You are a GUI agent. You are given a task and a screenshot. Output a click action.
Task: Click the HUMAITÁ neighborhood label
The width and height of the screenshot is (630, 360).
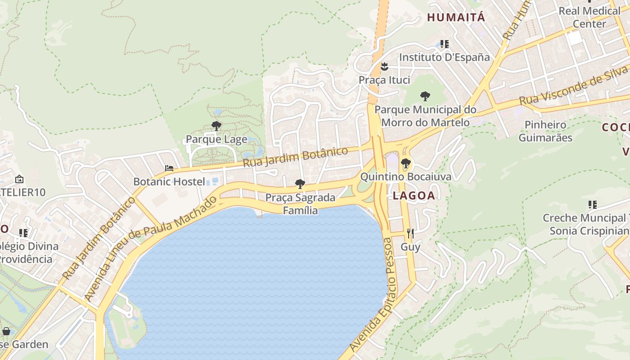pos(456,18)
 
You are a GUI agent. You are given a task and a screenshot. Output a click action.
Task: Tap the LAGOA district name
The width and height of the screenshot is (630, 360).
pos(414,195)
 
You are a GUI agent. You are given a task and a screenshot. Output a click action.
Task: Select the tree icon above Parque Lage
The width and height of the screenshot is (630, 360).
pos(216,126)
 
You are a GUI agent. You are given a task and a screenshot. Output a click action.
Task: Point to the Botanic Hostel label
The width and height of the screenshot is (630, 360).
pos(169,182)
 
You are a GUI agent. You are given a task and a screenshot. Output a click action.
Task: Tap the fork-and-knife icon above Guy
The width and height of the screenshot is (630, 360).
pos(410,233)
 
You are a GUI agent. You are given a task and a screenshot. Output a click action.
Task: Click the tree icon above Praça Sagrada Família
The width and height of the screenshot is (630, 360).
pos(300,184)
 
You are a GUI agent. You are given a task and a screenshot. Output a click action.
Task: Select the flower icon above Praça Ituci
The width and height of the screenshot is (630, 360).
pos(384,67)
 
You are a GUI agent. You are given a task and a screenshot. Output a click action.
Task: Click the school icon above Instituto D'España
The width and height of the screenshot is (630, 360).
pos(445,44)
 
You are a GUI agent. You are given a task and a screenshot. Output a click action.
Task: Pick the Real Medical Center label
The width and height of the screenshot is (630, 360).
pos(589,17)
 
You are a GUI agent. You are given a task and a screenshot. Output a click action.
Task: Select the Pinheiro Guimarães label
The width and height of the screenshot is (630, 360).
pos(545,131)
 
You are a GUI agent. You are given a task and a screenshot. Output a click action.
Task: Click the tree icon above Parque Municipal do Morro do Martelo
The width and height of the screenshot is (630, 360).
pos(425,96)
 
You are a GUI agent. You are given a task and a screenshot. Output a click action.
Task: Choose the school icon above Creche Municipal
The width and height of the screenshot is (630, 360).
pos(592,205)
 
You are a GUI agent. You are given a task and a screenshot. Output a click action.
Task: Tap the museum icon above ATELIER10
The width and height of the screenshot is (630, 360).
pos(19,179)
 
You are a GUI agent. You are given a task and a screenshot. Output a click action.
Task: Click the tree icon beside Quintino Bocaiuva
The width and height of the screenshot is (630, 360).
pos(405,163)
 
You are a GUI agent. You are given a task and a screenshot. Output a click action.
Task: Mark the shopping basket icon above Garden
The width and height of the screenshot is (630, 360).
pos(6,332)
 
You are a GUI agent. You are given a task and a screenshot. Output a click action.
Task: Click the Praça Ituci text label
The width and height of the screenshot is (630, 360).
pos(384,80)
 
